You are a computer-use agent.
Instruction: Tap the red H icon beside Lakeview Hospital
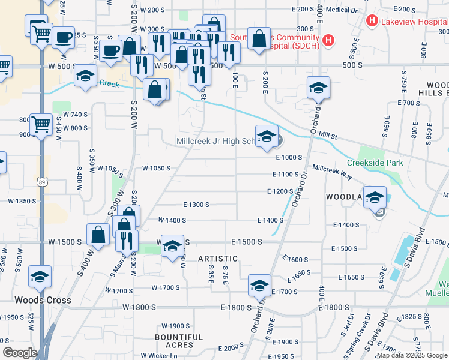(372, 22)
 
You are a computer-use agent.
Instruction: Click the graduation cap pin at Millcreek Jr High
(267, 137)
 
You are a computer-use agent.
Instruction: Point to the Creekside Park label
(375, 163)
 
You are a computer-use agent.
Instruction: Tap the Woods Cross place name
(43, 300)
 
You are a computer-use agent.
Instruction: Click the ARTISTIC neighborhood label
(218, 259)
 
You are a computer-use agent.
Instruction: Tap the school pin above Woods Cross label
(41, 277)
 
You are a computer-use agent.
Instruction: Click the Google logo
(20, 353)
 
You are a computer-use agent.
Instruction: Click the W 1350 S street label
(22, 201)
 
